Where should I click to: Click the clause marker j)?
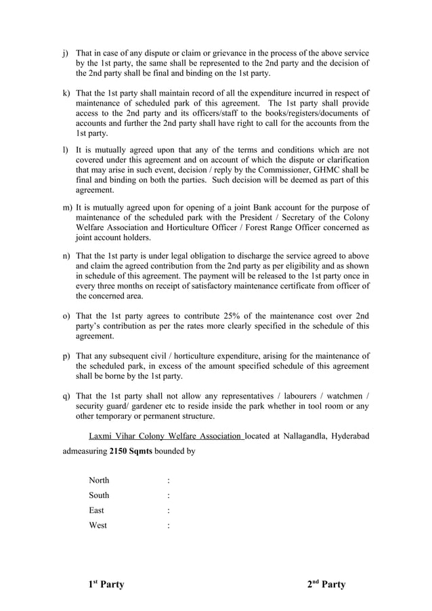(x=66, y=53)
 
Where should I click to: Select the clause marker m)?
(x=67, y=207)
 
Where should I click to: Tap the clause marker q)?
(x=66, y=396)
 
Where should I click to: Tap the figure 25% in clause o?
(x=213, y=315)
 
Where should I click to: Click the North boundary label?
(x=99, y=480)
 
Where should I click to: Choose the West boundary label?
(x=98, y=525)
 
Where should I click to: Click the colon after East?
(x=168, y=510)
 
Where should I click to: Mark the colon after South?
(x=168, y=495)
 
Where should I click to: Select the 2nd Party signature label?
(x=326, y=584)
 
